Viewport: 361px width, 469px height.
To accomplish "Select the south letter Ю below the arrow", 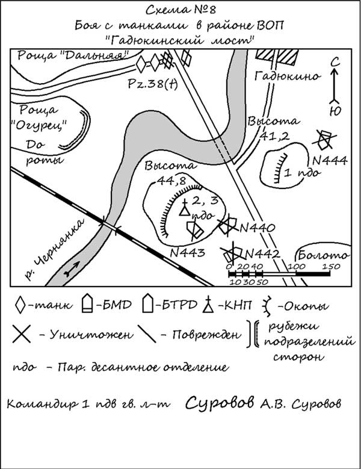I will tap(334, 110).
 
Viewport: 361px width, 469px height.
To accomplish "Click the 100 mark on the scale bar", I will tap(295, 266).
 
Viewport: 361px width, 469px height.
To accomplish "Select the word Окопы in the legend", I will tap(307, 308).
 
